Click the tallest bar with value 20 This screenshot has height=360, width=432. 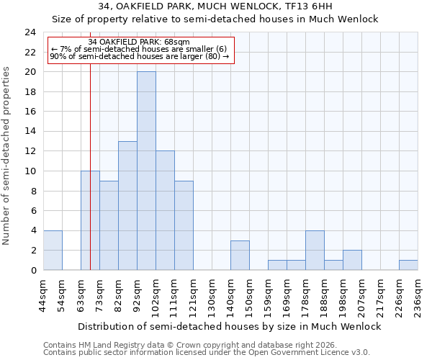(146, 171)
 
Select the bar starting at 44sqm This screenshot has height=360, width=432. (53, 250)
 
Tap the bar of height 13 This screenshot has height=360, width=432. (127, 205)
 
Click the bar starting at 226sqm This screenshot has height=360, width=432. (408, 265)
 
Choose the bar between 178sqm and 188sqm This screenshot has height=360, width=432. (315, 250)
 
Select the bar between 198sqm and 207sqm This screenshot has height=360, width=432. (352, 260)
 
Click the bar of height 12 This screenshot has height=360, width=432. (165, 210)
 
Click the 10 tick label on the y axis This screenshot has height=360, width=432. (30, 171)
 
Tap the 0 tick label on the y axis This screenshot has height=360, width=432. (33, 270)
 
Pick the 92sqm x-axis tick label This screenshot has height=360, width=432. (137, 295)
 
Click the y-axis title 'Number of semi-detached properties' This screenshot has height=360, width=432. (7, 156)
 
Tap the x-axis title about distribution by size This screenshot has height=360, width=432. (229, 326)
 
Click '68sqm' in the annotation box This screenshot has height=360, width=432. (176, 42)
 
